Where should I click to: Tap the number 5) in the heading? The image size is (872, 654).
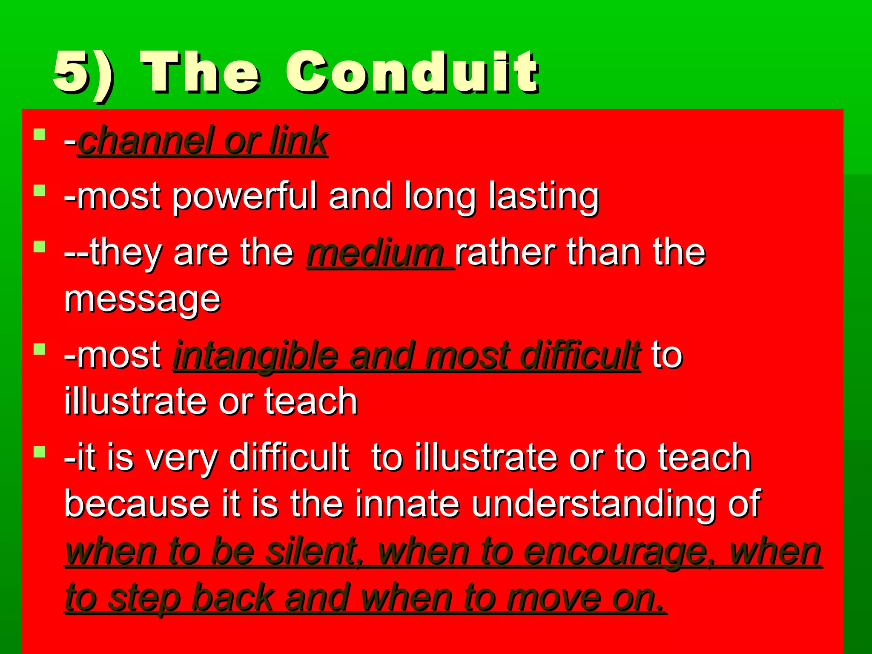click(83, 72)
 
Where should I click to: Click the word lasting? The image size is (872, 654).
click(544, 197)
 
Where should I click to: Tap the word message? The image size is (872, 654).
click(142, 299)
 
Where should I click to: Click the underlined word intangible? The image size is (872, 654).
click(256, 355)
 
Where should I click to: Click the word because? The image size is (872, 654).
click(137, 503)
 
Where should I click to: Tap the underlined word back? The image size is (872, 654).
click(232, 598)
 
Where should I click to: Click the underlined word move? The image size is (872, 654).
click(554, 598)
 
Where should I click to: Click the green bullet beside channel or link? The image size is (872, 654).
click(39, 135)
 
